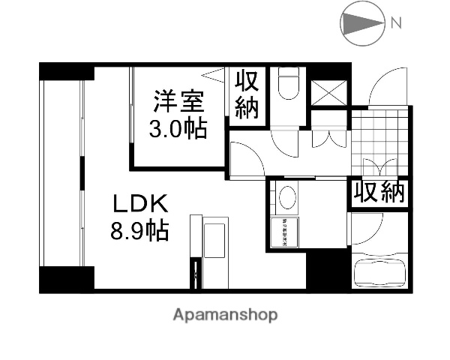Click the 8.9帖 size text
(x=139, y=230)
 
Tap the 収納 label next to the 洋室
(x=246, y=94)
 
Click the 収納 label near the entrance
(x=379, y=192)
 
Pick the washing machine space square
(x=286, y=232)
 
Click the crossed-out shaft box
(x=327, y=93)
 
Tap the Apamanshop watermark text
(x=225, y=316)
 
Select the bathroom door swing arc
(x=366, y=228)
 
